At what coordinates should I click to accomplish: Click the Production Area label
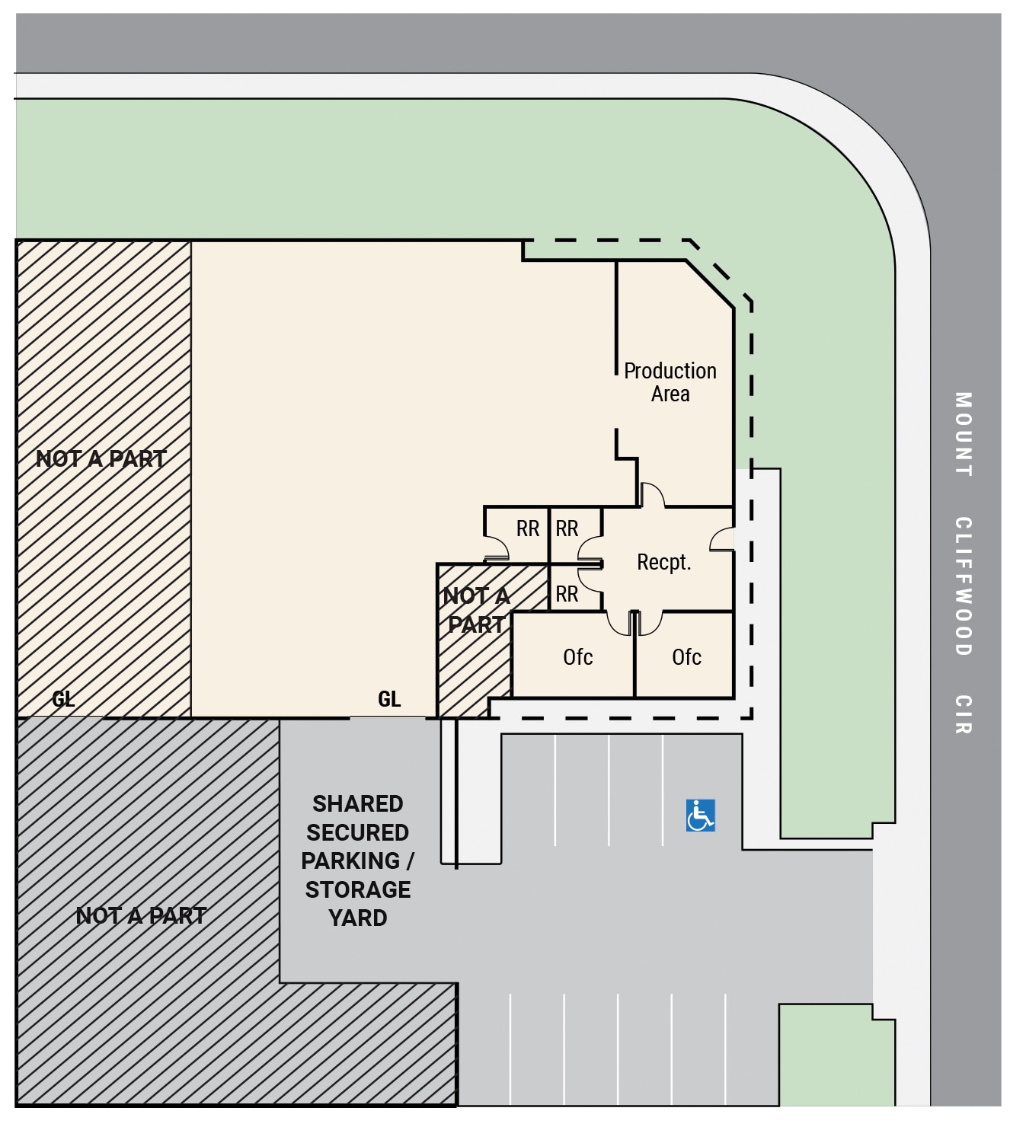tap(670, 382)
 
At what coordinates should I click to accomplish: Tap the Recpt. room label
tap(663, 562)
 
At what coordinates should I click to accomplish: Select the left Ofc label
tap(577, 656)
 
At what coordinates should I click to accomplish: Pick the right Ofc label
tap(686, 656)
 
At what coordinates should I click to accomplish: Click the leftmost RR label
tap(528, 528)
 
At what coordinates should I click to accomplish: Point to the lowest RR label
tap(567, 594)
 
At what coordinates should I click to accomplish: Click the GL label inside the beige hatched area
tap(63, 699)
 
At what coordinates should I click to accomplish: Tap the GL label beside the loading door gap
tap(389, 699)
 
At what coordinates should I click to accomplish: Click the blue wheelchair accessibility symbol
tap(700, 816)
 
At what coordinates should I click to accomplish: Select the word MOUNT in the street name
tap(964, 434)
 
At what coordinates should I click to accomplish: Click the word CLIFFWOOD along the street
tap(964, 586)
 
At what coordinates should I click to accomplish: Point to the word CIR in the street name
tap(964, 714)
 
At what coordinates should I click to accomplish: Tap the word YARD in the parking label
tap(357, 918)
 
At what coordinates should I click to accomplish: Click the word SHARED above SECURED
tap(357, 804)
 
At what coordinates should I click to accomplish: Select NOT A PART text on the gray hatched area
tap(141, 916)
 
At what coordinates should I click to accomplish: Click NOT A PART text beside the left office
tap(476, 610)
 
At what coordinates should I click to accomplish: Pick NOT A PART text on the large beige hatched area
tap(101, 459)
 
